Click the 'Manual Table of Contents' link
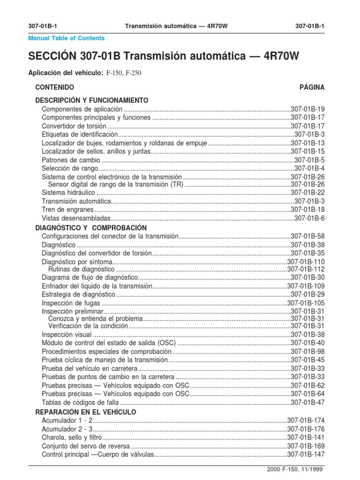[x=66, y=38]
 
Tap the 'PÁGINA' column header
[x=312, y=88]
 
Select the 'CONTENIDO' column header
[x=55, y=88]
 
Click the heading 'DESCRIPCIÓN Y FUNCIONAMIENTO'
[x=92, y=100]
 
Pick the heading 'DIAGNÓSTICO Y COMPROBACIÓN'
[x=88, y=227]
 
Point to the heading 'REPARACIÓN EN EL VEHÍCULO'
[x=86, y=412]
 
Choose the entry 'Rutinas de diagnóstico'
[x=81, y=270]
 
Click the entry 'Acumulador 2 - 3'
[x=67, y=429]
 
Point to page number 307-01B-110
[x=306, y=262]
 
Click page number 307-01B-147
[x=306, y=455]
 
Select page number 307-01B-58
[x=307, y=236]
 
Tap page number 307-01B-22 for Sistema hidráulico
[x=307, y=193]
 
